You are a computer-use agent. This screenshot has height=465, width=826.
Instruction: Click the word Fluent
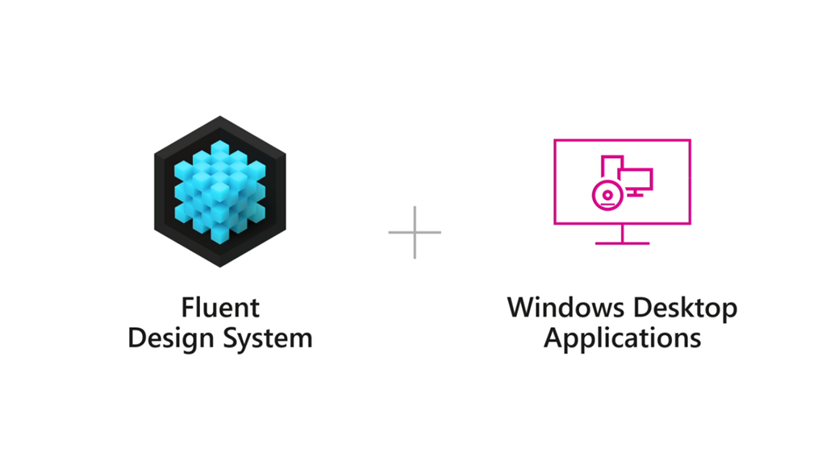[220, 308]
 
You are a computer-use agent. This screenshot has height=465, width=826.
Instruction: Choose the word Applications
[622, 337]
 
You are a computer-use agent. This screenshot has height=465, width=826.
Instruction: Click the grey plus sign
[415, 233]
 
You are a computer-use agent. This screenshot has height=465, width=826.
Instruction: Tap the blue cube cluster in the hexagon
[219, 191]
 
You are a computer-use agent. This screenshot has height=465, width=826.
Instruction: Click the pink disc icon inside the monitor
[604, 194]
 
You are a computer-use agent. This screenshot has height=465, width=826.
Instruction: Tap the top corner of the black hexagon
[219, 118]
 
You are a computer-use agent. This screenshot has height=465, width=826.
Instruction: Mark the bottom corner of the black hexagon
[219, 266]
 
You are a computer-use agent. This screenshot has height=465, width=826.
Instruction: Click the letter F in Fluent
[187, 308]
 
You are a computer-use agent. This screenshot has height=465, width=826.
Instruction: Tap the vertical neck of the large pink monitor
[622, 233]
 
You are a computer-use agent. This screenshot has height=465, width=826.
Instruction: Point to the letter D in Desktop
[643, 307]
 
